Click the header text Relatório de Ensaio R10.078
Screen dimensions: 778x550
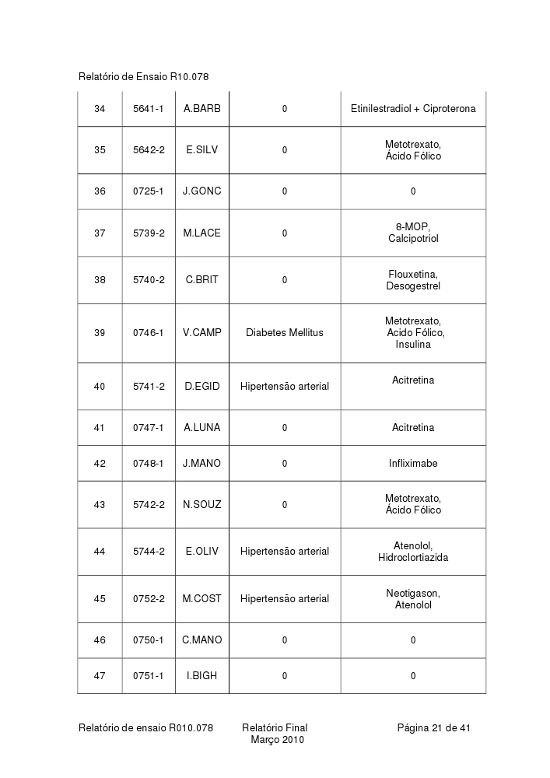pos(143,76)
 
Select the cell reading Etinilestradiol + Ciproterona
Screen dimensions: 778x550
pos(412,109)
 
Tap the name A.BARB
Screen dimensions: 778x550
pos(201,109)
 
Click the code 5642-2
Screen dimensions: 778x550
pos(148,150)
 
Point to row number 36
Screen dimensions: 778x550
pos(100,191)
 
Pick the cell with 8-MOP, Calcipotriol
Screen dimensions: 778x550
pos(412,233)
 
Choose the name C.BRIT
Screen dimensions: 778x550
pos(201,280)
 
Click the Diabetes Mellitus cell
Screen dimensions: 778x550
pos(284,333)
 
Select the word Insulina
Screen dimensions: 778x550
pos(412,345)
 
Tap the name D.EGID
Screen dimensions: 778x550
pos(201,387)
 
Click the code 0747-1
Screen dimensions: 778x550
pos(148,428)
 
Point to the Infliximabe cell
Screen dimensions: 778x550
pos(412,464)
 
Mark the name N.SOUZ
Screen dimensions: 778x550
pos(201,505)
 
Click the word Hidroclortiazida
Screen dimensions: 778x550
pos(412,558)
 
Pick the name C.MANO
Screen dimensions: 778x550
pos(201,640)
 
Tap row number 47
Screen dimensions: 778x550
pos(100,676)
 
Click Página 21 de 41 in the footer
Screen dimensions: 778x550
pos(433,728)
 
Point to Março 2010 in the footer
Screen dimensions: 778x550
pos(277,740)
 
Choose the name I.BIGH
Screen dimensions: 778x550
pos(201,676)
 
